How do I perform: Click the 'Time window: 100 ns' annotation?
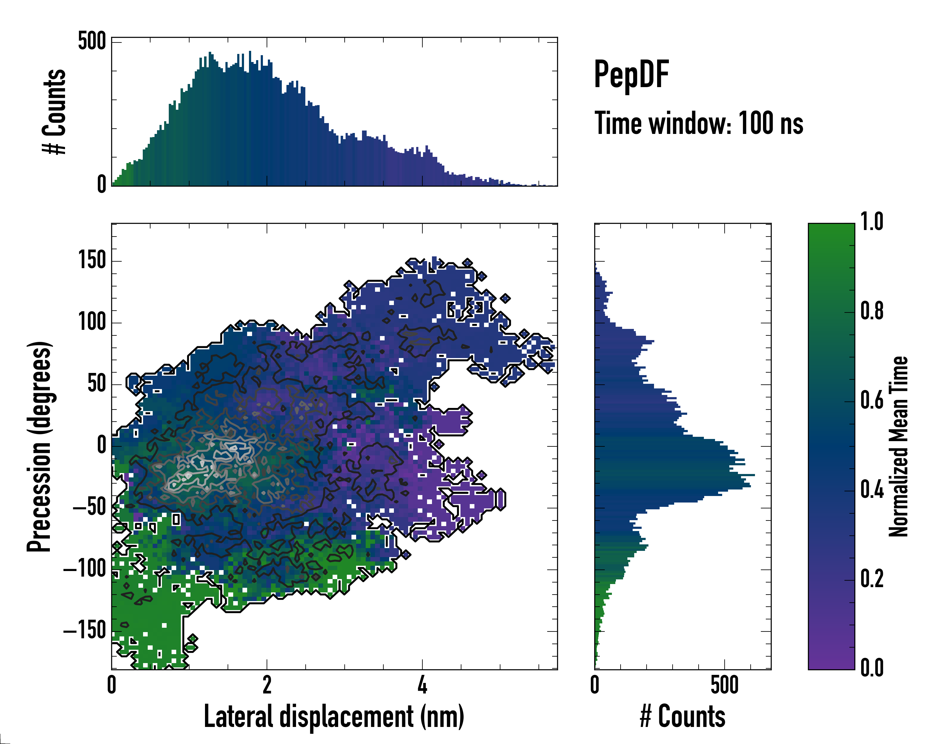[x=699, y=123]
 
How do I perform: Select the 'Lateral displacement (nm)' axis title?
[x=334, y=716]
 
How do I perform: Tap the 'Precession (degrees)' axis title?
[x=40, y=446]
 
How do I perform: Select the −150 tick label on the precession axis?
[x=85, y=631]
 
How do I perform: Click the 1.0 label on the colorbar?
[x=872, y=222]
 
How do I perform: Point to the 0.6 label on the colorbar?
[x=872, y=401]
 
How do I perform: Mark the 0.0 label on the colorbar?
[x=872, y=668]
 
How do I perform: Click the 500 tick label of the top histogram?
[x=92, y=42]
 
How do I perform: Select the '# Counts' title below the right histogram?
[x=683, y=716]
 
